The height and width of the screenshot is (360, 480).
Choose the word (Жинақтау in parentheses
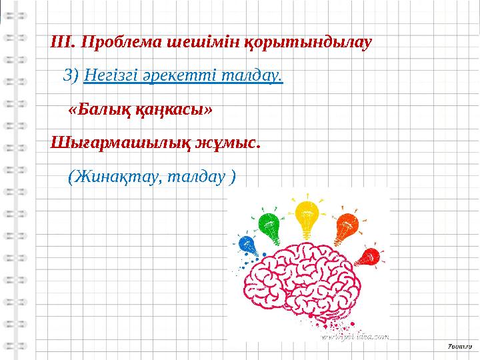(114, 177)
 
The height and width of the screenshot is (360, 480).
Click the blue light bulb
(247, 246)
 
